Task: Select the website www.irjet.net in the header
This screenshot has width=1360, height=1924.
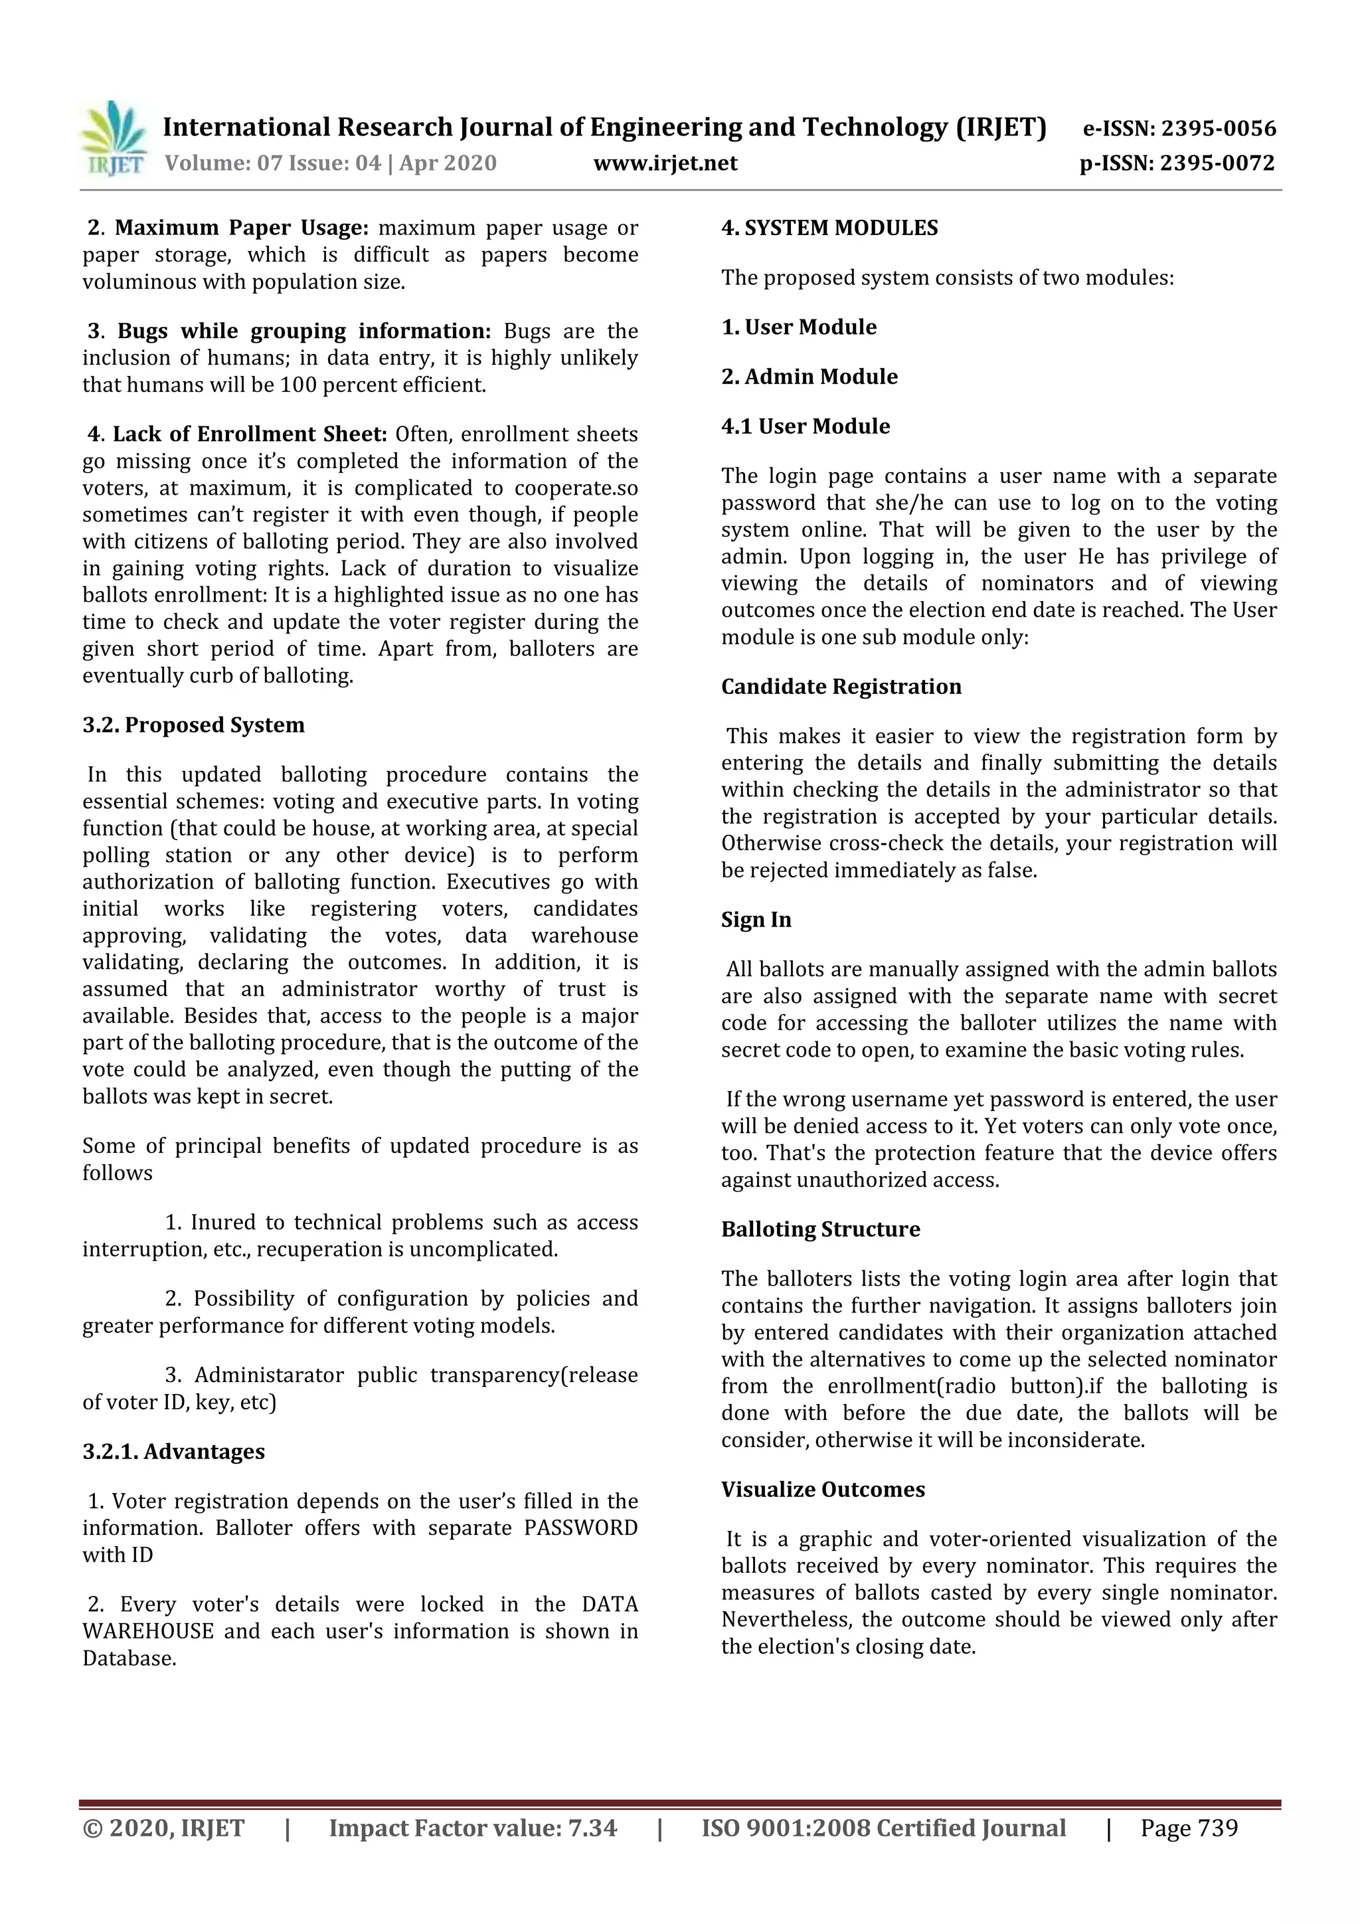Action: (665, 163)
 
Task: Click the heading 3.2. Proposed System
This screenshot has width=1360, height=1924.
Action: (193, 725)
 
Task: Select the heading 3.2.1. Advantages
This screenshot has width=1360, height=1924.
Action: (173, 1451)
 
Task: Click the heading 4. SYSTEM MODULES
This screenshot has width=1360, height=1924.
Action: (829, 228)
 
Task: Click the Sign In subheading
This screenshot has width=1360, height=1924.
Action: (756, 920)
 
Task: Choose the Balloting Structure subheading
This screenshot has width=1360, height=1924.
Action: (819, 1229)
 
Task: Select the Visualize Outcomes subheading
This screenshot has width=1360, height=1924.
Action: (822, 1490)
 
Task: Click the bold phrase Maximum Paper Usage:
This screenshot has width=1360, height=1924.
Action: (241, 228)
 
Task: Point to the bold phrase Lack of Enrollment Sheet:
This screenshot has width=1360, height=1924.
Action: (250, 434)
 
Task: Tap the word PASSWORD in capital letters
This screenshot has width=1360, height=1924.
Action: (580, 1528)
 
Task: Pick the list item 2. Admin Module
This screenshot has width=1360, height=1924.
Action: (809, 377)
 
